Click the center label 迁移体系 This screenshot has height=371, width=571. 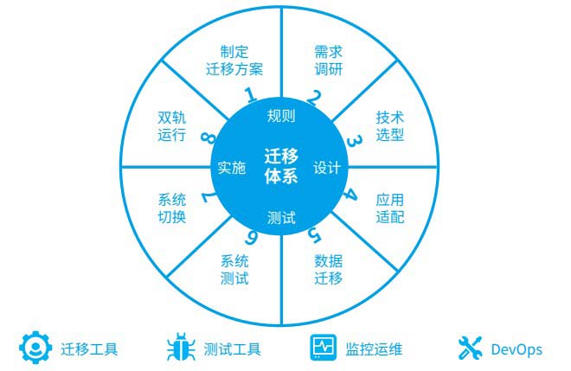coord(281,166)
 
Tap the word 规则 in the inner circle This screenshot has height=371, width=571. coord(281,116)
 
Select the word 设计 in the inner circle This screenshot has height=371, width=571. coord(327,168)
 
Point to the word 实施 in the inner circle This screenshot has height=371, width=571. coord(232,168)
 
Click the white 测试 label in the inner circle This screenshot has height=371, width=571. coord(281,218)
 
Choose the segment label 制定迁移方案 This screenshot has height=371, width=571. coord(234,61)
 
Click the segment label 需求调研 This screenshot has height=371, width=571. coord(329,61)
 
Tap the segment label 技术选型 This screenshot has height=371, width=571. coord(390,126)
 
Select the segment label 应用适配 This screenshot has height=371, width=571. coord(390,208)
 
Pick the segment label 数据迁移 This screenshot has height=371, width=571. coord(329,270)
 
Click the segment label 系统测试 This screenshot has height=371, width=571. coord(234,270)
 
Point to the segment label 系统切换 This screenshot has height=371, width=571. coord(172,208)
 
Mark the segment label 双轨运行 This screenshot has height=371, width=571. coord(172,126)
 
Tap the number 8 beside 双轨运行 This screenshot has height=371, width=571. coord(209,137)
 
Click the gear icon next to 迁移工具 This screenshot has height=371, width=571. coord(35,348)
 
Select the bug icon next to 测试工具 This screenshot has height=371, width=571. coord(181,347)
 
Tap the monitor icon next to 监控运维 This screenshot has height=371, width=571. coord(324,348)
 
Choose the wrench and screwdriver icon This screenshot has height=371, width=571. coord(470,348)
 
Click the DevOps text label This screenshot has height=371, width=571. coord(516,350)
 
